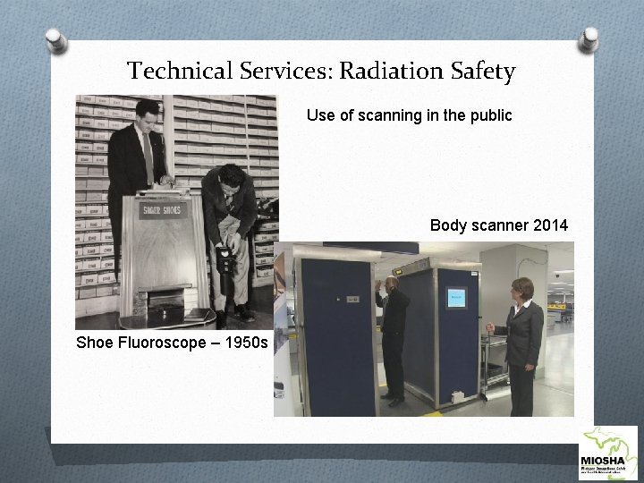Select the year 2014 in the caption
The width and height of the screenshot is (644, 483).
click(x=547, y=225)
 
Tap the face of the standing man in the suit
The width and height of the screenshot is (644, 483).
click(x=147, y=115)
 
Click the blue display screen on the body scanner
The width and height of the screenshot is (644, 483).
click(x=456, y=299)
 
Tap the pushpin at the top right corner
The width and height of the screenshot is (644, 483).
click(x=589, y=38)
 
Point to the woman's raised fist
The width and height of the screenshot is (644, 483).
click(x=489, y=329)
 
